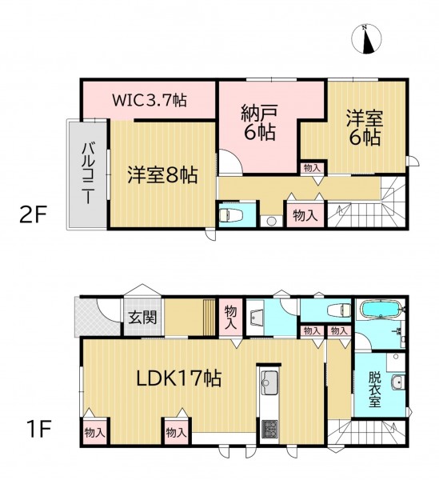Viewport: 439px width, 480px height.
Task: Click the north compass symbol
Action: click(366, 39)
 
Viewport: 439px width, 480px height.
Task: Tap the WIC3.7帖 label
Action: click(150, 100)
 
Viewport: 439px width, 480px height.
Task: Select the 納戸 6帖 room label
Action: click(259, 122)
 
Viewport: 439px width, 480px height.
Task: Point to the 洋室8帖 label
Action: click(162, 174)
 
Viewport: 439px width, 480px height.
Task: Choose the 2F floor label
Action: click(33, 215)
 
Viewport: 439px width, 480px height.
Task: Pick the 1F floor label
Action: click(38, 429)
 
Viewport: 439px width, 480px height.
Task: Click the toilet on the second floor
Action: click(230, 215)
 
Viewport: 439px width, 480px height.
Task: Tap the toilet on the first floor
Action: click(339, 310)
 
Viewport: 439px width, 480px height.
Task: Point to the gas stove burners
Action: click(269, 429)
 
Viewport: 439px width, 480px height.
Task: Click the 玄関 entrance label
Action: click(142, 317)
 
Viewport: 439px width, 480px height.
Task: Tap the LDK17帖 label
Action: click(178, 378)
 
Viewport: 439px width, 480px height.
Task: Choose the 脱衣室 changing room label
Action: click(375, 390)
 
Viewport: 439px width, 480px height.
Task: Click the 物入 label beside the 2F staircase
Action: click(305, 215)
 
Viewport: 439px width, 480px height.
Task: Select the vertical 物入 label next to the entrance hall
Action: click(231, 318)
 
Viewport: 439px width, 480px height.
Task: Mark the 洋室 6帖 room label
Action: click(365, 128)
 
